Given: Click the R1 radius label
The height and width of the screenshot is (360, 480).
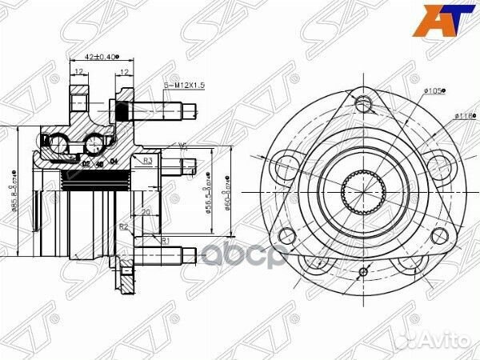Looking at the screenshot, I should [164, 239].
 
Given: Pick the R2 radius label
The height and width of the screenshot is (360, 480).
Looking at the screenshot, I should [125, 227].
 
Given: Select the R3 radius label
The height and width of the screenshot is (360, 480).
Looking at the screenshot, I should [148, 161].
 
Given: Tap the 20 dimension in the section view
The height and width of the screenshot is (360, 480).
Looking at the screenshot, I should [146, 212].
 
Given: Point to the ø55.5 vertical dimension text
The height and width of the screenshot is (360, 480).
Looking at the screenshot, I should [209, 193].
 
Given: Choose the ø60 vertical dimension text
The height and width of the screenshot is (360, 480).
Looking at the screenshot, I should [230, 192].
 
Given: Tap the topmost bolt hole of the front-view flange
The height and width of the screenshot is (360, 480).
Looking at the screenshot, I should [364, 102].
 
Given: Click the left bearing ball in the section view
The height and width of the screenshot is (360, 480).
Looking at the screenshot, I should [59, 144].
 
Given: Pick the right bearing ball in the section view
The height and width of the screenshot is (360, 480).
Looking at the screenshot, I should [95, 143].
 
